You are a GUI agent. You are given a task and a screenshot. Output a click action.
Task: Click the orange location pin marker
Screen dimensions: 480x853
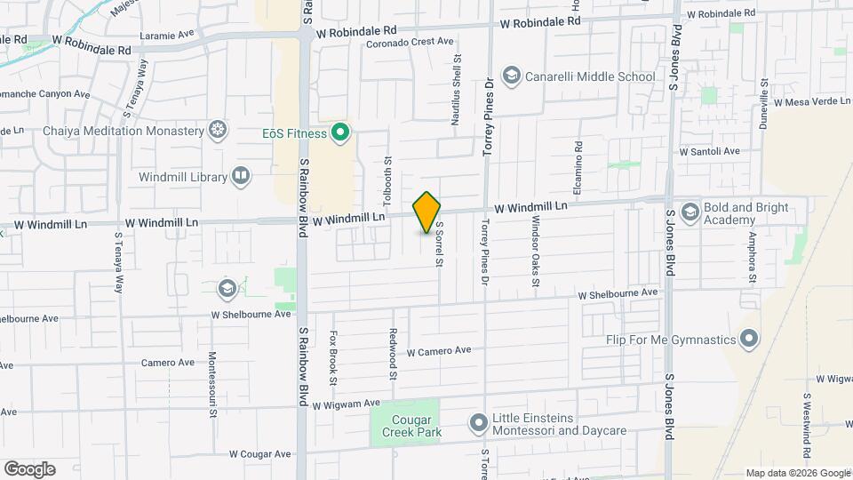[426, 212]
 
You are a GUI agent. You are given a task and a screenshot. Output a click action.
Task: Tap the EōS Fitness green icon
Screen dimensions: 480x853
[339, 134]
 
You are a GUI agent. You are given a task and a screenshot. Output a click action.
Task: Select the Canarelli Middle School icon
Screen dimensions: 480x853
[512, 76]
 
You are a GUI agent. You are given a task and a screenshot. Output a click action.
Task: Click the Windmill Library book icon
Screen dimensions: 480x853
[240, 177]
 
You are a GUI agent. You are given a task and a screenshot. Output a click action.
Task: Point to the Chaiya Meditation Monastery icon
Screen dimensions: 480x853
[216, 132]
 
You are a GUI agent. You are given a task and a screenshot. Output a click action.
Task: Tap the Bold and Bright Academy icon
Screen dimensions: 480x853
[690, 212]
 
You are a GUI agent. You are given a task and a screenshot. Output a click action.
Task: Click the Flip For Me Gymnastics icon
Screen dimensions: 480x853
[749, 340]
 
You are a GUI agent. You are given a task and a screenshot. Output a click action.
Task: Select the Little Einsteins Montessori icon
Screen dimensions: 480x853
[479, 423]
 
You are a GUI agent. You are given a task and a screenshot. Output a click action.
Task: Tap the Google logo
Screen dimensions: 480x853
[29, 468]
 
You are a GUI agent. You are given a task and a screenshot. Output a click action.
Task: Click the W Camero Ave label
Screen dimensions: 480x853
[439, 351]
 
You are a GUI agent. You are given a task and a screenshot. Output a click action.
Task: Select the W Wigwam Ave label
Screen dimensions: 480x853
[353, 404]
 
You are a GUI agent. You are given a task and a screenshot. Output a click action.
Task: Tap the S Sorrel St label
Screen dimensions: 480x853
[438, 244]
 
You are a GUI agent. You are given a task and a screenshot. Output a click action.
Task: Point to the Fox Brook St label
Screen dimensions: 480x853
[333, 357]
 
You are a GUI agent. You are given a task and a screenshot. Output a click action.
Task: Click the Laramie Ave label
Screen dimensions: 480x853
[169, 36]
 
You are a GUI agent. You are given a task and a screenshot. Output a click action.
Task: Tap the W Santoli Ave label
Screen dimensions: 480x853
[709, 152]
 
